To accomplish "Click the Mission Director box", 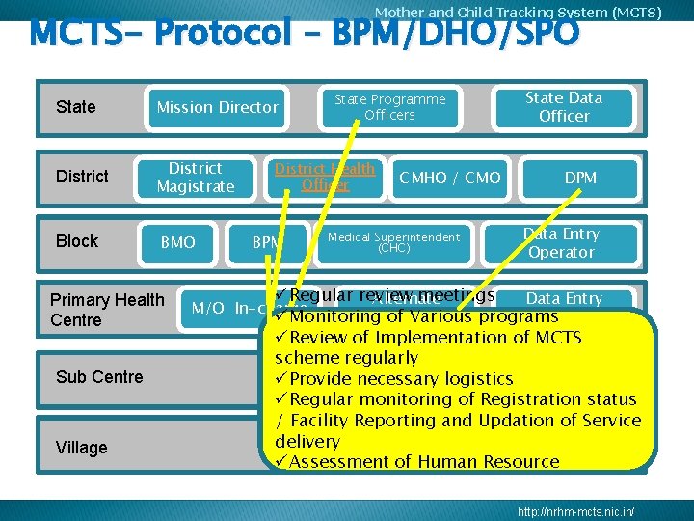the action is (217, 107).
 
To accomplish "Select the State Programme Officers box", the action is (389, 107).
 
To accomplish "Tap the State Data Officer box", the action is (564, 107).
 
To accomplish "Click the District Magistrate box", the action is (195, 177).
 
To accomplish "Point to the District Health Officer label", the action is (325, 177).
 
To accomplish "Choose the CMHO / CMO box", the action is (449, 178).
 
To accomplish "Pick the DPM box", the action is (580, 178).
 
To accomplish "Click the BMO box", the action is (177, 242).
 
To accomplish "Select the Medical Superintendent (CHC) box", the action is (393, 241).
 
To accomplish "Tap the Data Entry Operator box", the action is (561, 243).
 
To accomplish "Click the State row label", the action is (76, 107).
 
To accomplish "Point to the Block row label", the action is (77, 241).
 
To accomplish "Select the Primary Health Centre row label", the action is (106, 310).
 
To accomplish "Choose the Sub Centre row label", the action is (99, 377).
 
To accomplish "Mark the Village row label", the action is (82, 448).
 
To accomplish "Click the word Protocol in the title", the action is (223, 34).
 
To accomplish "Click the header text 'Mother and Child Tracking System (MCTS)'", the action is (518, 13).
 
